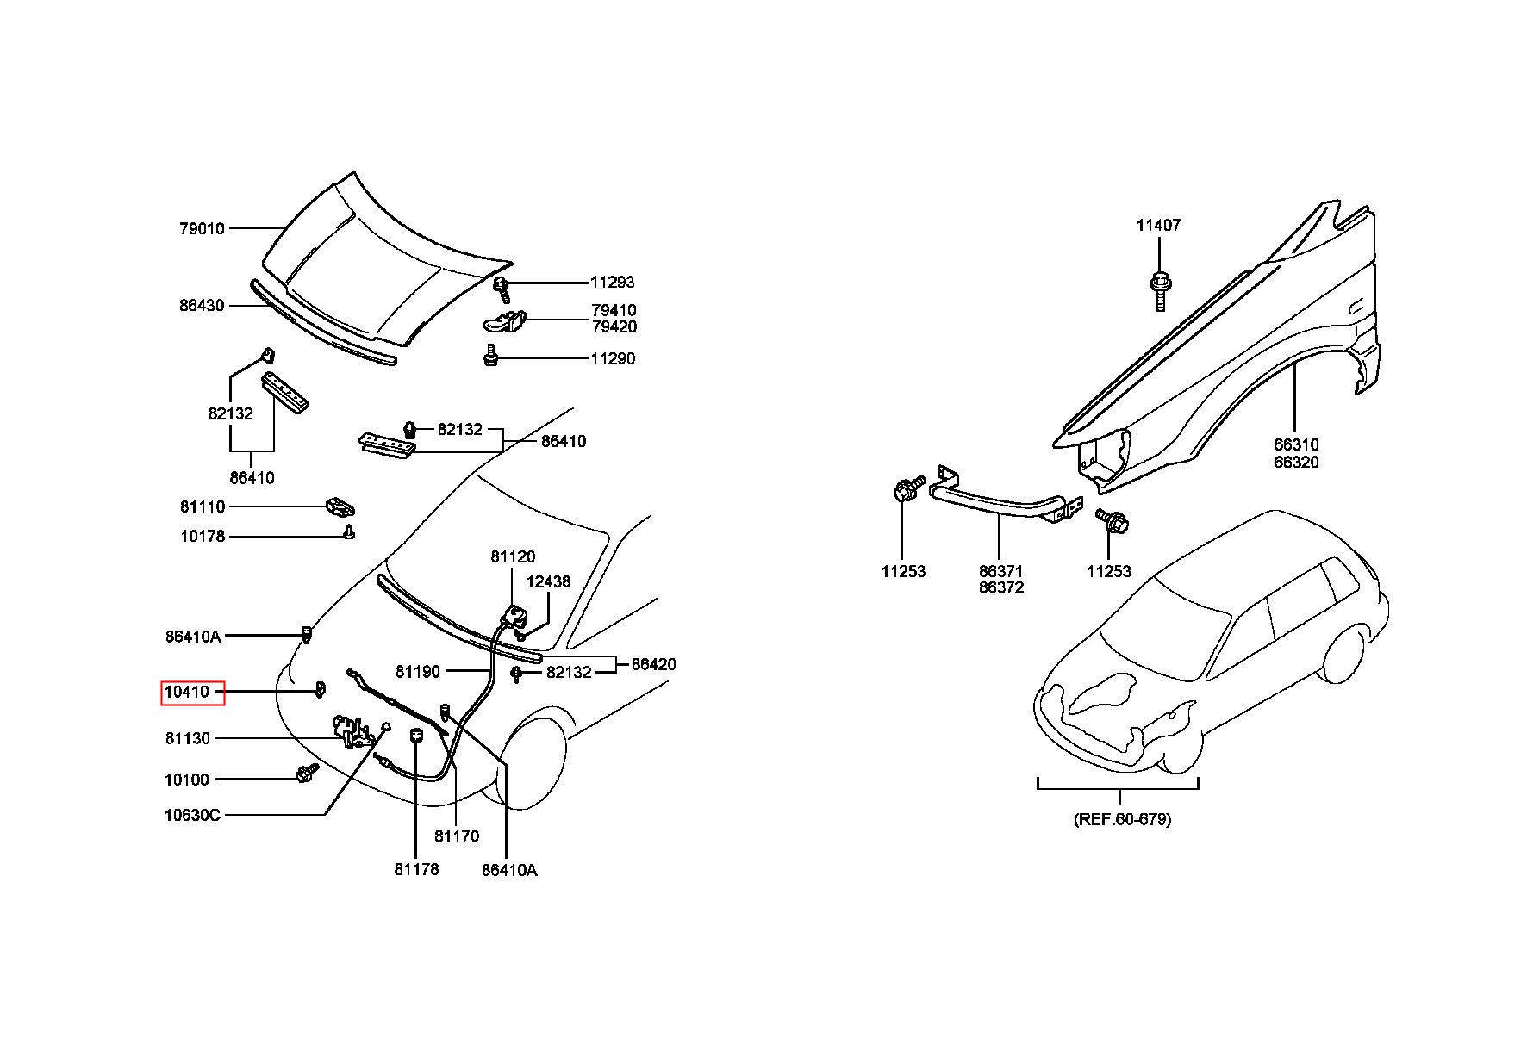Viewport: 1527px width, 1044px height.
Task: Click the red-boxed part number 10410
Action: tap(187, 692)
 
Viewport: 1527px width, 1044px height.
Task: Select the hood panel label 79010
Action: tap(202, 228)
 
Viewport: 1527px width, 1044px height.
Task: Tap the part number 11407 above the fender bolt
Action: tap(1158, 225)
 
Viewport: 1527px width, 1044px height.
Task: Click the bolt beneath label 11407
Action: tap(1159, 290)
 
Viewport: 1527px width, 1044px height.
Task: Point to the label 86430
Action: tap(202, 305)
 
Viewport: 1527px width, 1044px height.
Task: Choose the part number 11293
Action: tap(613, 282)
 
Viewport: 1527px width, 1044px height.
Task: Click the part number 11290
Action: tap(613, 358)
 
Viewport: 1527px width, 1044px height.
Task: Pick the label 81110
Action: tap(203, 506)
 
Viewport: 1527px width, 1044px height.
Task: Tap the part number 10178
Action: tap(203, 536)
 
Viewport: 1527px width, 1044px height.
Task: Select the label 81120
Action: tap(514, 556)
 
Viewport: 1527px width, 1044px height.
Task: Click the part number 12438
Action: tap(549, 581)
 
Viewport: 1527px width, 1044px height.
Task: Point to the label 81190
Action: tap(418, 671)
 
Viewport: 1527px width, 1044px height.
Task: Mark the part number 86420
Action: tap(654, 664)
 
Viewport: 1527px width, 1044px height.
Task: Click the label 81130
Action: tap(187, 738)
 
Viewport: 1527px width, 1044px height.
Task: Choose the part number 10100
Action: tap(187, 780)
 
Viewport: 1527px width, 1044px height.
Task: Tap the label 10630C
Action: tap(192, 814)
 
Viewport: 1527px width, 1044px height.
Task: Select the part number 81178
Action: tap(417, 869)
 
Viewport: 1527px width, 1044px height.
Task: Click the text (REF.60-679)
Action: tap(1122, 819)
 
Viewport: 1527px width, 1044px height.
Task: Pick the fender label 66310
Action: tap(1297, 445)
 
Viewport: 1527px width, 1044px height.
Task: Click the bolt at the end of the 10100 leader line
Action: tap(307, 773)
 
